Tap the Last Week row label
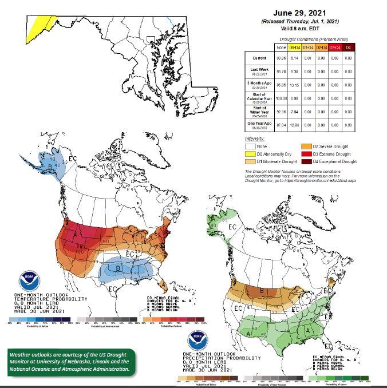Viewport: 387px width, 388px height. click(255, 70)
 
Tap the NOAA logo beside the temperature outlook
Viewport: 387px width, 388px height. click(26, 282)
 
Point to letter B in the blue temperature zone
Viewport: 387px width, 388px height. click(118, 268)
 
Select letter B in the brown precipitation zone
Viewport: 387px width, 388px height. click(262, 290)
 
